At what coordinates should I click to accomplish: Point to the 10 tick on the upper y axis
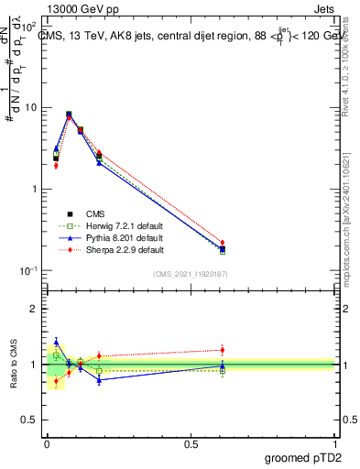29,107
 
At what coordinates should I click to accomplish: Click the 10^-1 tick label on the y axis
27,271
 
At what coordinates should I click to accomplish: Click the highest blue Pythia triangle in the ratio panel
56,342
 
